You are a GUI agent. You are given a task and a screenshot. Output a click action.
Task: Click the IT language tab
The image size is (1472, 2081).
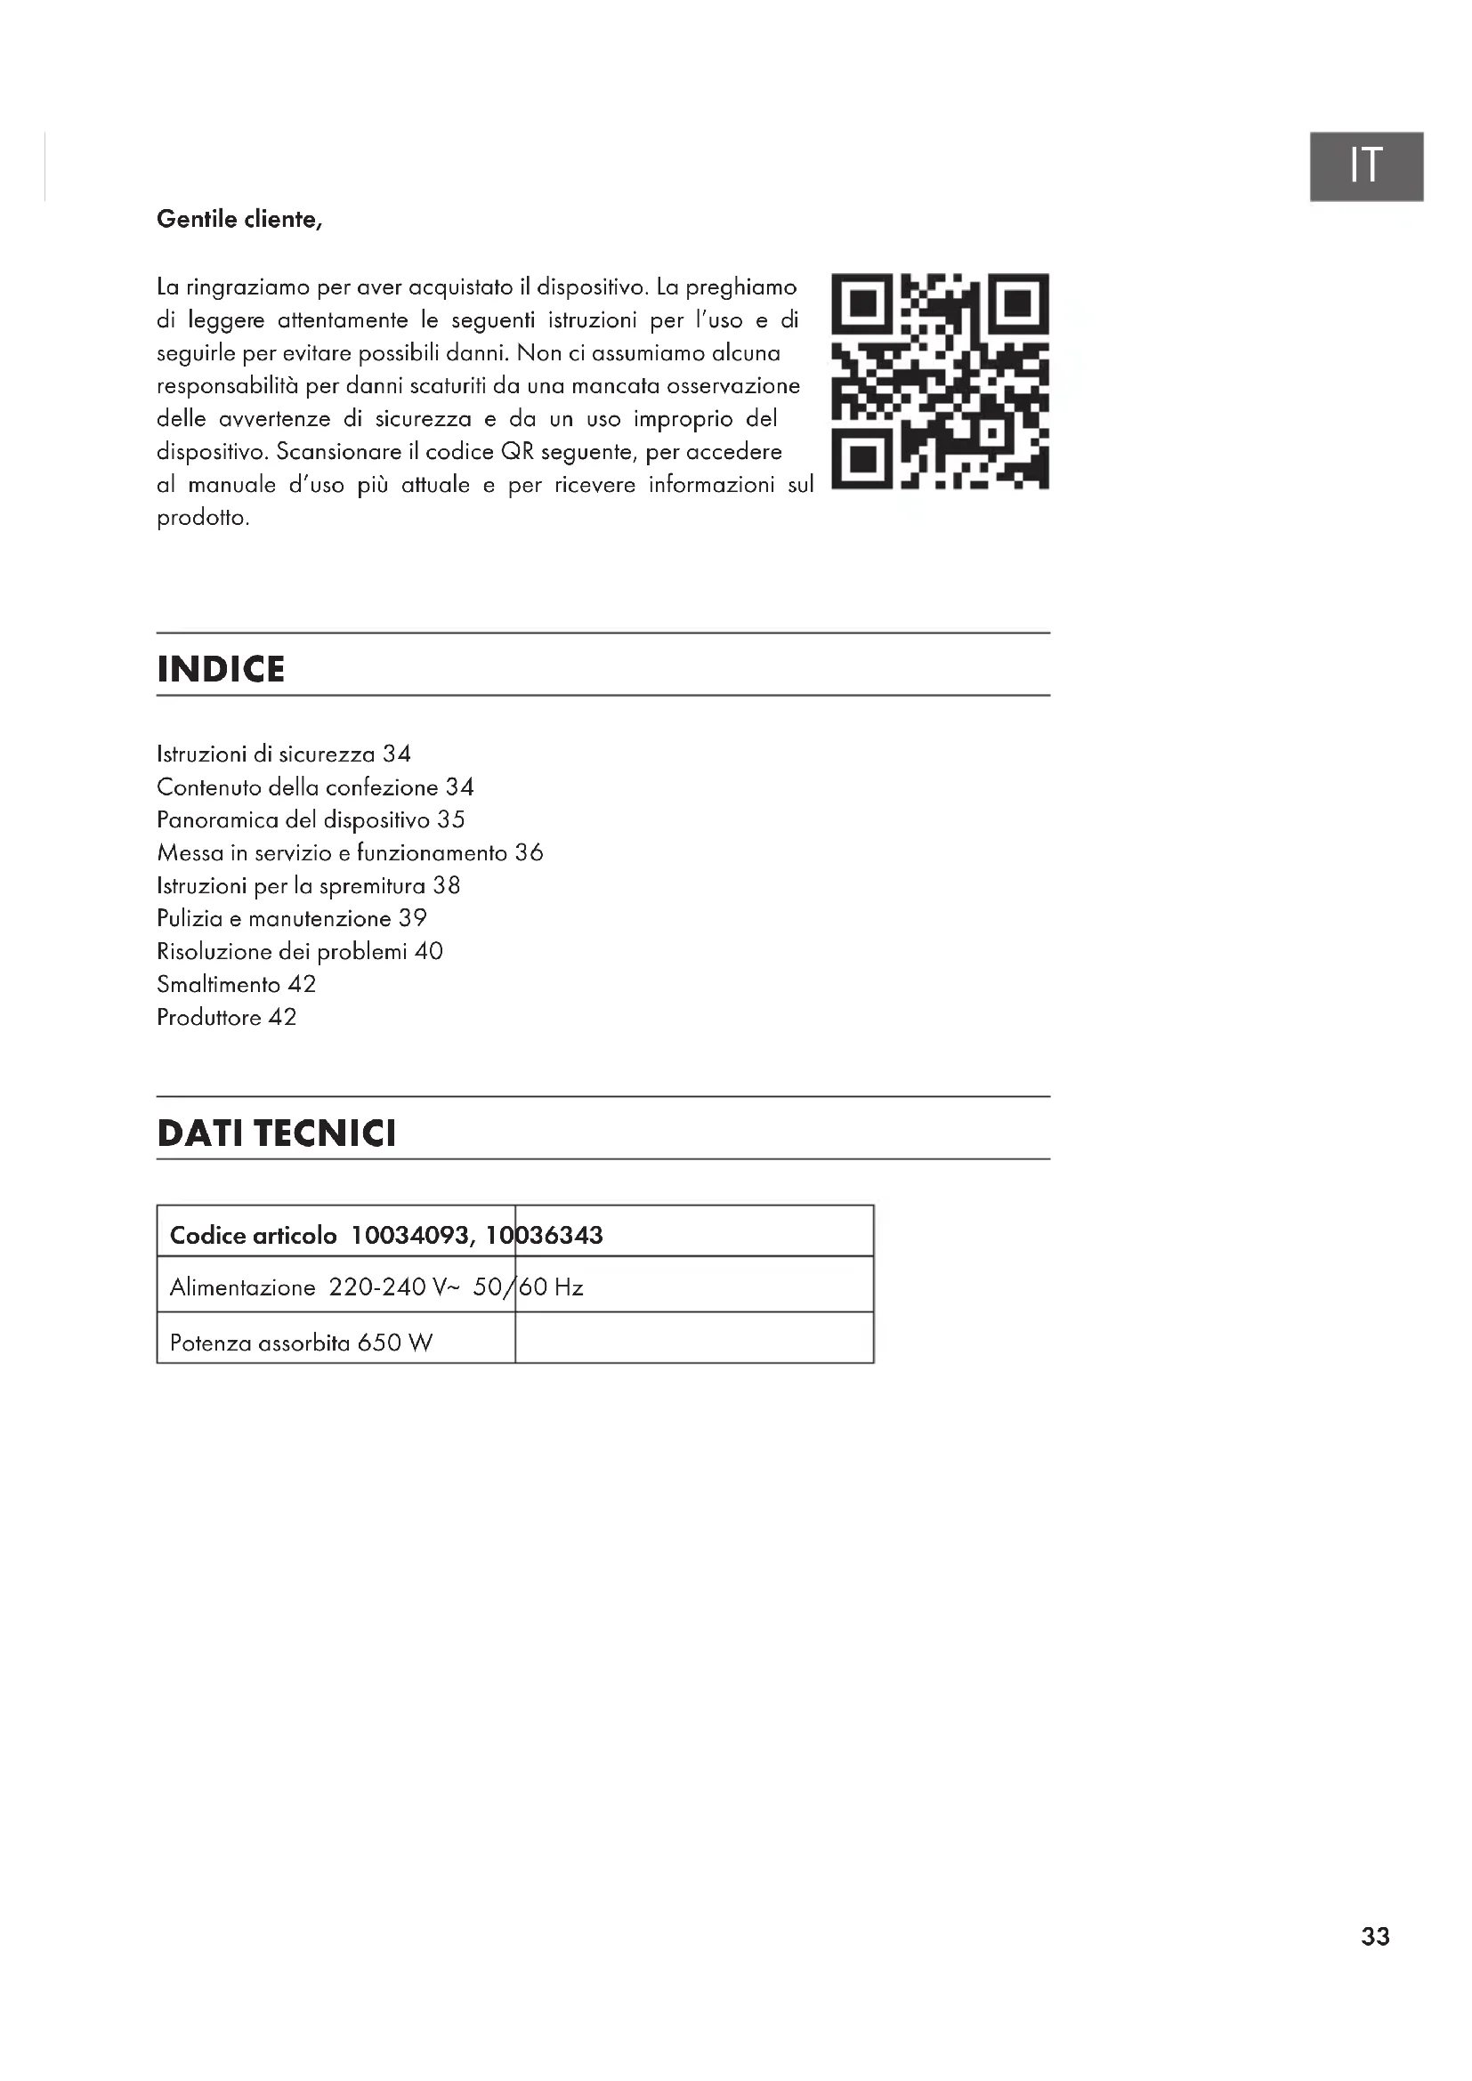point(1365,165)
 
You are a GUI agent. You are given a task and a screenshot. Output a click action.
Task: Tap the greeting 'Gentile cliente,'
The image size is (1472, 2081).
point(239,220)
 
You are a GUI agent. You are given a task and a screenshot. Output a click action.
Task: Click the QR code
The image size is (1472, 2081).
point(940,382)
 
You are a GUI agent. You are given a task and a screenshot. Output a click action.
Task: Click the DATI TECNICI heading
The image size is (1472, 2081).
point(277,1133)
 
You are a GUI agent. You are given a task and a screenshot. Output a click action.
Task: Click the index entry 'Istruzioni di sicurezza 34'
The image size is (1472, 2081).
point(284,754)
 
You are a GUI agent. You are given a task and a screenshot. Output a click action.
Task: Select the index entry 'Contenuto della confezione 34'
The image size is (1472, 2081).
point(314,786)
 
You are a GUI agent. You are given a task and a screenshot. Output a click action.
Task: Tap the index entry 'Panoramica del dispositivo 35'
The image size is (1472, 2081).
point(310,819)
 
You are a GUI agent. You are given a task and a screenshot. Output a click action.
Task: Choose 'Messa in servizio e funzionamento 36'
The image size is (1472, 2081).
point(350,853)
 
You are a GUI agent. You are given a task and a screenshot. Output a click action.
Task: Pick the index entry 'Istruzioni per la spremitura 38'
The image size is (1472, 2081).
point(308,885)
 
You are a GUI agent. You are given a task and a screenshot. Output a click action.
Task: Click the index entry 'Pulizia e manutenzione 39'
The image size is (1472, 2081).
point(291,918)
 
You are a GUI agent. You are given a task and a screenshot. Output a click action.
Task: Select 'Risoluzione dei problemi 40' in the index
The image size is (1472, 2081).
point(299,952)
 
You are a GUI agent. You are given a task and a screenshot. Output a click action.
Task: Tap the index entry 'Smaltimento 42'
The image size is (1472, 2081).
point(236,984)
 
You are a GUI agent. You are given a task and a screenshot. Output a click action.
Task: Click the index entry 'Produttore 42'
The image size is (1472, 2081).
point(226,1017)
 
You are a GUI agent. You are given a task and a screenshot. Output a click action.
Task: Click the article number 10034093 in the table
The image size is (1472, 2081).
point(409,1236)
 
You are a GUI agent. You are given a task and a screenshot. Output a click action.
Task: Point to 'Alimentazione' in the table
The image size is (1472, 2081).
point(242,1287)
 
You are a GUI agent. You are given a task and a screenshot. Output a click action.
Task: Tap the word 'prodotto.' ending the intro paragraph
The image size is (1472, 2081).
point(203,519)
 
